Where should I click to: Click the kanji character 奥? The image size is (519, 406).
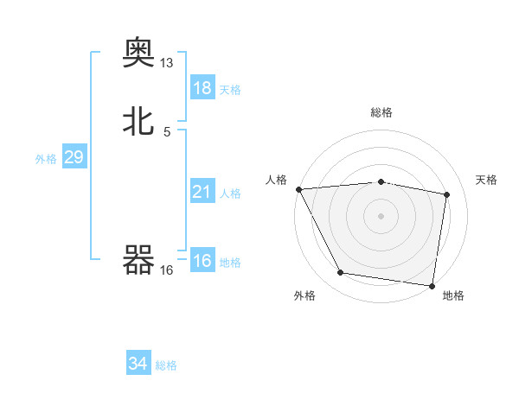pos(139,54)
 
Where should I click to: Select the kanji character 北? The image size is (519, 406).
pos(139,121)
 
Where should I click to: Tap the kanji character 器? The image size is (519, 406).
pos(139,260)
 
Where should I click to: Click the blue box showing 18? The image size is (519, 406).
pos(202,88)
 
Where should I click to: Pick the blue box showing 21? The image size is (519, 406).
pos(202,192)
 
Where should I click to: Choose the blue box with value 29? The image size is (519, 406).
pos(74,157)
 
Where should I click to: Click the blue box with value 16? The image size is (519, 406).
pos(202,261)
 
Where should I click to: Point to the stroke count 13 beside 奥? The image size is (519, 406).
pos(167,63)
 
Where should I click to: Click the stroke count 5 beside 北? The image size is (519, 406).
pos(167,131)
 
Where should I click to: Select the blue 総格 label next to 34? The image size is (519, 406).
pos(166,365)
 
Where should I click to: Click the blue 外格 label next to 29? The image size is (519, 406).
pos(45,158)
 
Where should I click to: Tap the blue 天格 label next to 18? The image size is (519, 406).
pos(230,89)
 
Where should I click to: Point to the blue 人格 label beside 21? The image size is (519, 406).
pos(230,193)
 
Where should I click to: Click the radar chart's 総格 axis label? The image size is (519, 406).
pos(381,112)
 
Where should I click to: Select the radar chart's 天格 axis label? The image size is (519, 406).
pos(487,180)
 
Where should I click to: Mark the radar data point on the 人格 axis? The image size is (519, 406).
pos(298,189)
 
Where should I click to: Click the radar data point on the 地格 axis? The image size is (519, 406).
pos(432,285)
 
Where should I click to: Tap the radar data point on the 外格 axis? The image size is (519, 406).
pos(341,274)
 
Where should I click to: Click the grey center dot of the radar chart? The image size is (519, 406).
pos(381,216)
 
